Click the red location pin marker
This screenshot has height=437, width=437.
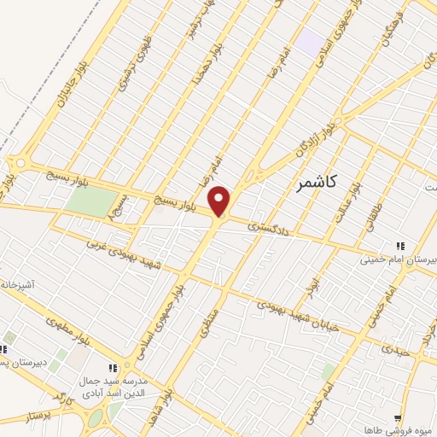point(220,201)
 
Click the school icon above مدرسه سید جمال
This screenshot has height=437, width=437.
point(114,368)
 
